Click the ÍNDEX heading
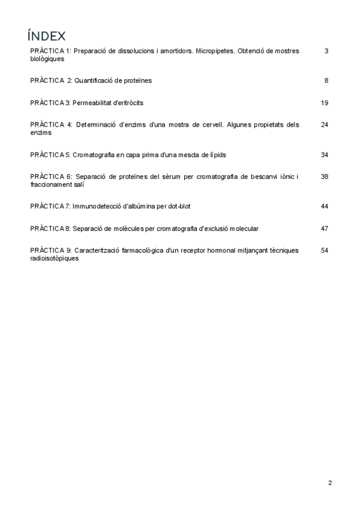[46, 35]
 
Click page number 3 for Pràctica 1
[326, 51]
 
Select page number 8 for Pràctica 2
[326, 80]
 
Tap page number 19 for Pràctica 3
[325, 103]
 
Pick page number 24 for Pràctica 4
[325, 125]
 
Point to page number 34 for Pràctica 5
[325, 155]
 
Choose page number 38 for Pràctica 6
[325, 176]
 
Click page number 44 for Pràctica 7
[325, 206]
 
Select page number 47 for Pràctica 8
[325, 229]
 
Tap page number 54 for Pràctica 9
[325, 250]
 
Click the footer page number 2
[330, 483]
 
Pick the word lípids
[217, 155]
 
